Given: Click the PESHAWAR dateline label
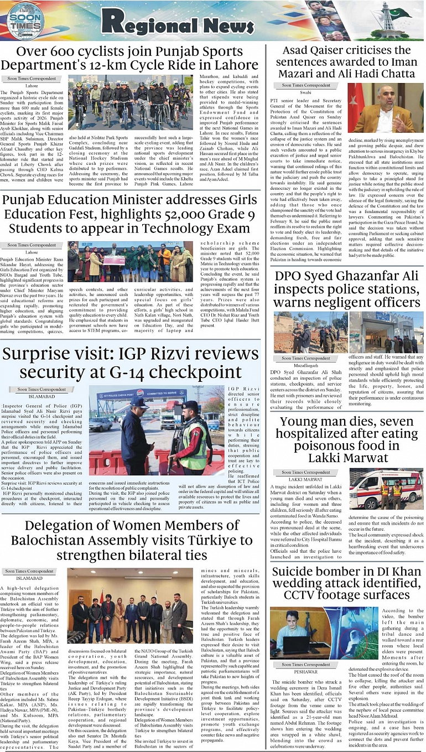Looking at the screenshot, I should point(305,671).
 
